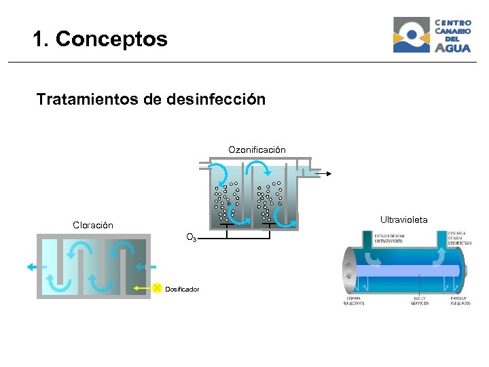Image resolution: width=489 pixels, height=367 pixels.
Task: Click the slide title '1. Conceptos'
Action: pyautogui.click(x=99, y=39)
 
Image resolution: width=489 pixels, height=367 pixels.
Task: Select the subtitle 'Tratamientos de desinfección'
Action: pyautogui.click(x=151, y=100)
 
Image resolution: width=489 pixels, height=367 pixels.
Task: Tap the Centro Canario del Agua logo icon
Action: pyautogui.click(x=412, y=35)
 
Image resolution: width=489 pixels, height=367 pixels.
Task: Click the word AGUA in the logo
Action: pyautogui.click(x=452, y=48)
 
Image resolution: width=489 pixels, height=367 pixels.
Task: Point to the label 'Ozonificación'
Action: pyautogui.click(x=257, y=150)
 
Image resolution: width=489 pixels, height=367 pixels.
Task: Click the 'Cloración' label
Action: pyautogui.click(x=93, y=225)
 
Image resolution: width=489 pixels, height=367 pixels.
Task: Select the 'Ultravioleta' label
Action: pyautogui.click(x=403, y=220)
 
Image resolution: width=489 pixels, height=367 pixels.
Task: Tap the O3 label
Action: pyautogui.click(x=192, y=238)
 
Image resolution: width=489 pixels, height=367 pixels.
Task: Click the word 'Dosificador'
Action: pyautogui.click(x=182, y=290)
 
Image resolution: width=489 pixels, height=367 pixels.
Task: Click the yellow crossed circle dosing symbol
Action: pyautogui.click(x=157, y=288)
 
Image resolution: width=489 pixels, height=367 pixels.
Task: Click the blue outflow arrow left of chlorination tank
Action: pyautogui.click(x=32, y=267)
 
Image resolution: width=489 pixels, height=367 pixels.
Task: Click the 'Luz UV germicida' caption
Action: pyautogui.click(x=420, y=300)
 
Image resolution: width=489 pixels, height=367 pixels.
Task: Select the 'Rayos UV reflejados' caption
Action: pyautogui.click(x=460, y=300)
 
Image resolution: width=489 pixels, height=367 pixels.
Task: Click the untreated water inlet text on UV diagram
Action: pyautogui.click(x=392, y=239)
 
